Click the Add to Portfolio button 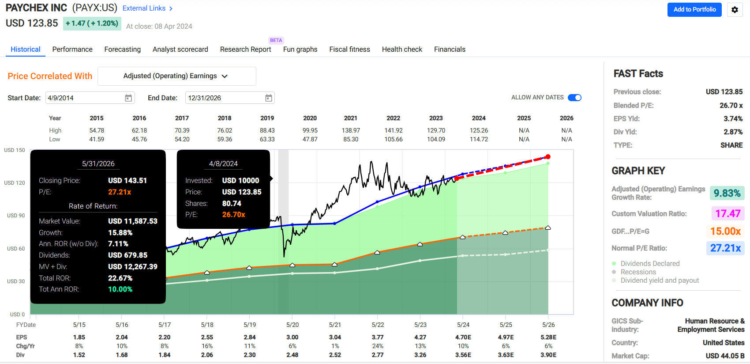(694, 10)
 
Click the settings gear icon (735, 10)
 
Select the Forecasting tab (122, 49)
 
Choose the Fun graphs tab (300, 49)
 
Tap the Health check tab (402, 49)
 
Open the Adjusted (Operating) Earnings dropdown (176, 76)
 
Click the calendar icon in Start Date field (128, 98)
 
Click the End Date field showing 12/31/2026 (225, 98)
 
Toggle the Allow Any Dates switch (574, 98)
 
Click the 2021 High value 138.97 (351, 130)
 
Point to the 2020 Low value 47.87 (310, 139)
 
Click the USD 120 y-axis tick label (15, 183)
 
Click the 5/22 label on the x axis (378, 325)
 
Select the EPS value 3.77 (378, 337)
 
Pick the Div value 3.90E (548, 355)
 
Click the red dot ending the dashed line (548, 157)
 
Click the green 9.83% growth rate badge (727, 193)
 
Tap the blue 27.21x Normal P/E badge (725, 248)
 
